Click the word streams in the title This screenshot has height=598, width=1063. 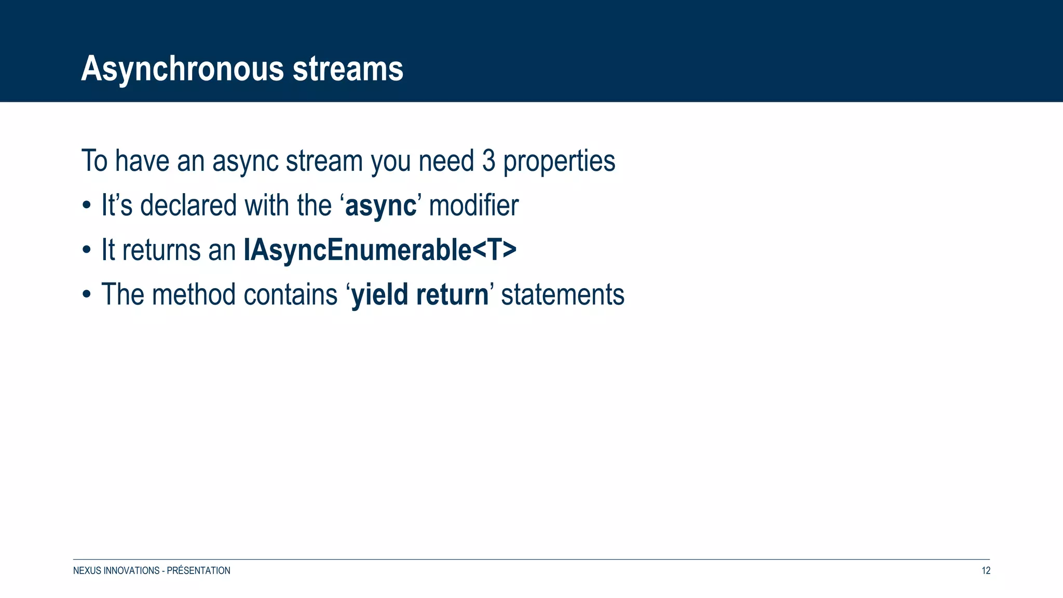click(x=348, y=69)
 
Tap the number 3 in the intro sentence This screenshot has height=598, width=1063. click(x=488, y=161)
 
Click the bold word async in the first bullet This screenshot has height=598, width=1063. click(x=380, y=206)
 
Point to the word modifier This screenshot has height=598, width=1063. click(x=473, y=205)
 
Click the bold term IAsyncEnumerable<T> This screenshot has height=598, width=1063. click(x=380, y=250)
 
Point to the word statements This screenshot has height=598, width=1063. click(x=563, y=295)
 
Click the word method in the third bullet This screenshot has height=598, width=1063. click(x=194, y=295)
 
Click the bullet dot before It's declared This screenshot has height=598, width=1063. click(x=87, y=206)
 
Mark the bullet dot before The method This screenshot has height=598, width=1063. click(x=87, y=295)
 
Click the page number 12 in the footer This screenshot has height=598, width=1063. click(x=986, y=570)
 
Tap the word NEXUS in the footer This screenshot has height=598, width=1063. click(x=87, y=570)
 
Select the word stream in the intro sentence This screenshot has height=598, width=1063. click(x=324, y=161)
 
